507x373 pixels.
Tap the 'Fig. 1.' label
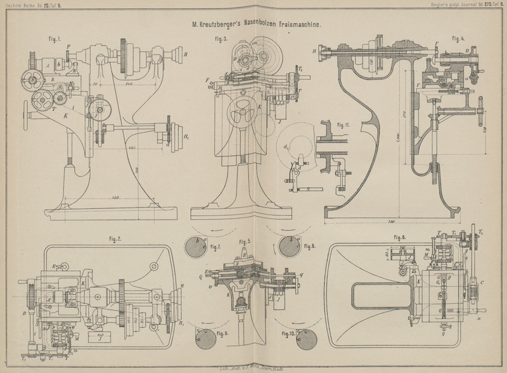(x=55, y=39)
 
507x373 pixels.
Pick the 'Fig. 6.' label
(x=399, y=238)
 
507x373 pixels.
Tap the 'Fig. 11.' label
(x=344, y=124)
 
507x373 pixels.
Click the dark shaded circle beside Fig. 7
(x=196, y=247)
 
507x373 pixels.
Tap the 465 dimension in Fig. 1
(x=131, y=148)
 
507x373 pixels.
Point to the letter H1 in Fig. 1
(x=186, y=136)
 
